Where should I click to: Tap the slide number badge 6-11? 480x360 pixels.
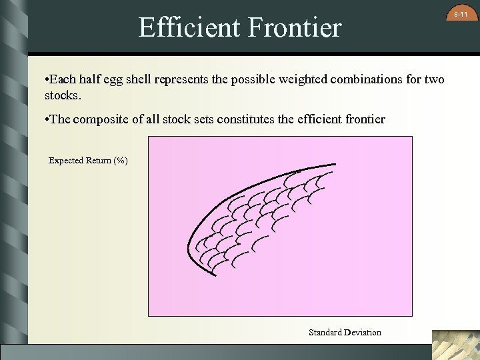click(x=461, y=14)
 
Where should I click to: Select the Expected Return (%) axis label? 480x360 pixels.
click(x=88, y=161)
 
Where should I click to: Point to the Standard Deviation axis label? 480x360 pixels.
click(x=345, y=332)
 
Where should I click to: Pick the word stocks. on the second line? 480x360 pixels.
click(x=63, y=95)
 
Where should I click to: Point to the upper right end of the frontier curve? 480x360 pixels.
click(x=335, y=164)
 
